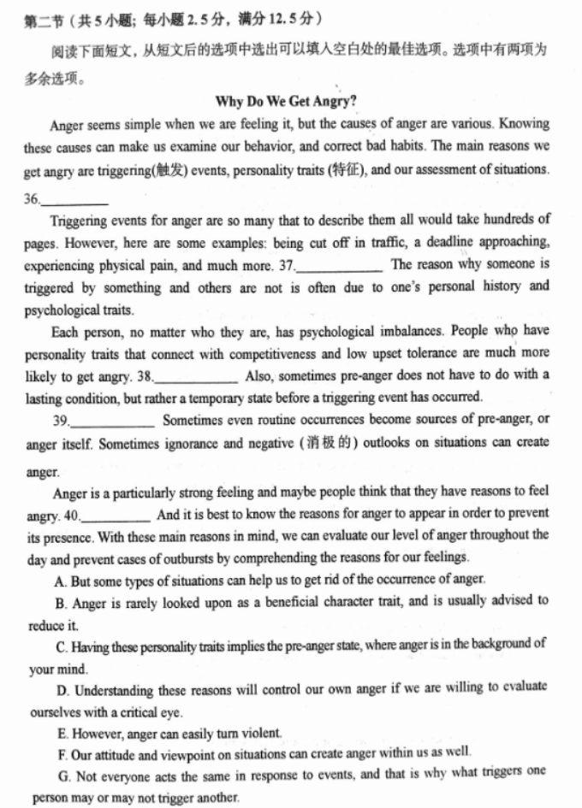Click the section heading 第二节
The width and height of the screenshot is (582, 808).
[x=39, y=19]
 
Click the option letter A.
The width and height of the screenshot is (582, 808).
[x=60, y=579]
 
